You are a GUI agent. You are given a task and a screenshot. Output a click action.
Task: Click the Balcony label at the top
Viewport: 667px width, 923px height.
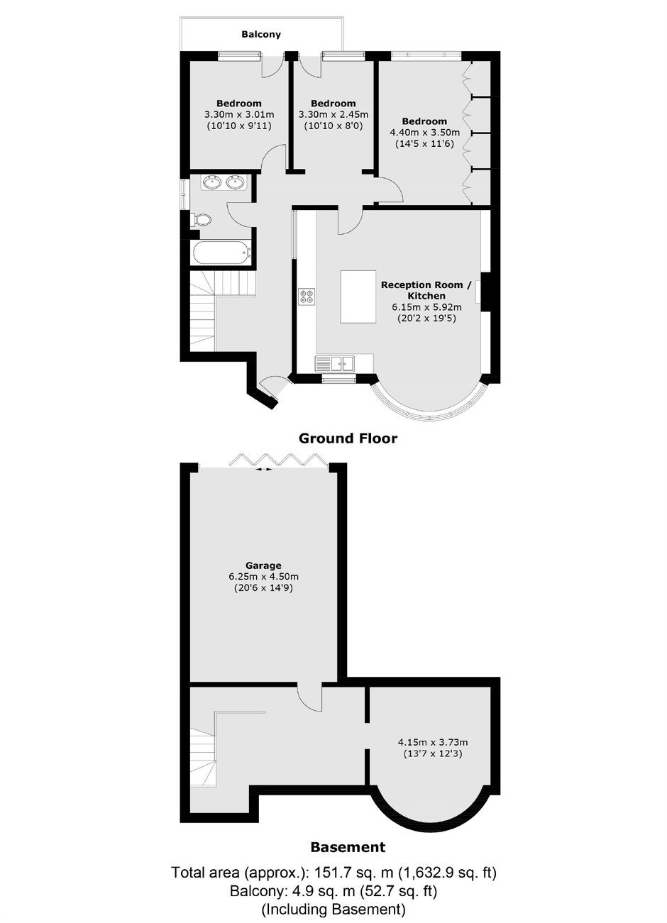click(261, 34)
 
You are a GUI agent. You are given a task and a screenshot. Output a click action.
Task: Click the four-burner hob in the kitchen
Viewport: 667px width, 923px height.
click(307, 297)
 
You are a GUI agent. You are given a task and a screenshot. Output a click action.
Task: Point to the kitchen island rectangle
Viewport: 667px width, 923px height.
click(358, 297)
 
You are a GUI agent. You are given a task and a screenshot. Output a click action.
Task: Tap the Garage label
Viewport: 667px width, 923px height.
click(263, 565)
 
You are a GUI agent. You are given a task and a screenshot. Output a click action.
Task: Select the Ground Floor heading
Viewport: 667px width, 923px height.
click(348, 438)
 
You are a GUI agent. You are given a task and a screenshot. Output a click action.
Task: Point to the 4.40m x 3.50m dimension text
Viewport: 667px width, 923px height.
click(424, 133)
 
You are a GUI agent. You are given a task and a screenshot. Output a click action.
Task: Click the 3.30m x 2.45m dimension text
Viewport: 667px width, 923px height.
click(333, 114)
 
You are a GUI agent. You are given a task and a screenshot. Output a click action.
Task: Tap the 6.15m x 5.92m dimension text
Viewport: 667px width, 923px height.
click(426, 307)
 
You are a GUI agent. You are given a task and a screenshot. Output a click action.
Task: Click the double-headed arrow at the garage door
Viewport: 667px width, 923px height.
click(263, 469)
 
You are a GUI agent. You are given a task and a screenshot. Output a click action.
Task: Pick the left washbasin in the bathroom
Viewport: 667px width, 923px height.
click(214, 182)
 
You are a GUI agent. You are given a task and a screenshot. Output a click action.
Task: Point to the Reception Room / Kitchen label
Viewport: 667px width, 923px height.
click(426, 290)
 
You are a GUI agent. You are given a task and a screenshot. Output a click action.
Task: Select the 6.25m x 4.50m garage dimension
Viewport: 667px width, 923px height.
click(263, 577)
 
